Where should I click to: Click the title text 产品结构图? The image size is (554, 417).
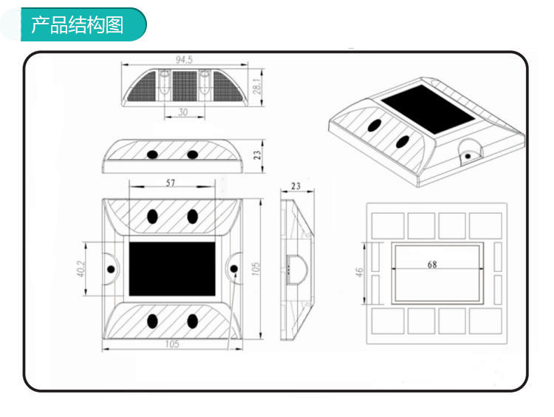point(76,25)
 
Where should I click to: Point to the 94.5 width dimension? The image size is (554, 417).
point(184,59)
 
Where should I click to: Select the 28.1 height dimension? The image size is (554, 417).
point(256,87)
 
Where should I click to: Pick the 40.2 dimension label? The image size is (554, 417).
point(81,268)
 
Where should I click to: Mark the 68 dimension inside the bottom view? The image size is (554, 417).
point(431,264)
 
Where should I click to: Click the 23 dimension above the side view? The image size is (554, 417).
point(295,186)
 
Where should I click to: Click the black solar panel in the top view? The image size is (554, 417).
point(172,268)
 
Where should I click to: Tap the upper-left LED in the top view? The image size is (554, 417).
point(153,217)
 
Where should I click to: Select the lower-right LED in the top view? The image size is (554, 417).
point(193,322)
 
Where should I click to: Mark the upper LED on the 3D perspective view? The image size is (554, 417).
point(375,125)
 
